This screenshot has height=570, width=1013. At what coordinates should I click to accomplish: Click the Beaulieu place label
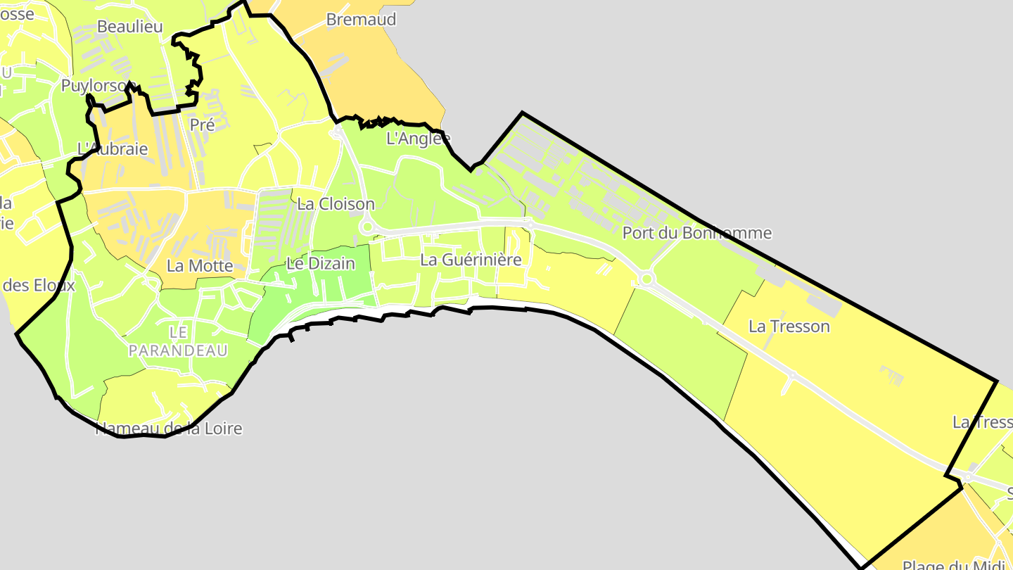pos(129,27)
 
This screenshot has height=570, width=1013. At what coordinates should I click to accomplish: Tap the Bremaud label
pos(361,20)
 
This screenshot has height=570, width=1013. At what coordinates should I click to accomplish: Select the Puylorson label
pos(98,86)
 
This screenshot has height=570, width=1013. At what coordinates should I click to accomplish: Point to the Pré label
pos(202,125)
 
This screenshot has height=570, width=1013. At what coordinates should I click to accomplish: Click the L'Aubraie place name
pos(112,149)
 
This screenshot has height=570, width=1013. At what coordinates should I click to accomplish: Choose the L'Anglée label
pos(418,139)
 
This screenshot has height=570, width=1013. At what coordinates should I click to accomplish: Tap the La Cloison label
pos(336,204)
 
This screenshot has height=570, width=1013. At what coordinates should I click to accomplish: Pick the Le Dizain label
pos(320,264)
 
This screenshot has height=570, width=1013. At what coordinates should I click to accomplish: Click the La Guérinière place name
pos(471,260)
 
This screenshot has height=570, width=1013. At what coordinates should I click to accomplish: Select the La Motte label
pos(200,266)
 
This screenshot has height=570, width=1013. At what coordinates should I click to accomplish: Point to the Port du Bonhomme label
pos(696,233)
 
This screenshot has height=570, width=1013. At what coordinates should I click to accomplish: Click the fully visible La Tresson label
pos(789,327)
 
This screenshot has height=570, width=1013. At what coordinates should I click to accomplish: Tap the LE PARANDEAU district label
pos(178,341)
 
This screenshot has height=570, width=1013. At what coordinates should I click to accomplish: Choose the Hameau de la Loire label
pos(169,429)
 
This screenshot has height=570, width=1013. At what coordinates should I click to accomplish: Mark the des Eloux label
pos(39,286)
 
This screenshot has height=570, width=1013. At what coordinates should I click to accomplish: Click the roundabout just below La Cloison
pos(366,227)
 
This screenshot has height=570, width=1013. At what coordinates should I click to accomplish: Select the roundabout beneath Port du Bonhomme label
pos(646,279)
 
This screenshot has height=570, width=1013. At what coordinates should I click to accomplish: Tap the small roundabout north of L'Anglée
pos(338,131)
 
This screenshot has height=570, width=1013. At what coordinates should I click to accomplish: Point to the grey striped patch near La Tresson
pos(891,376)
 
